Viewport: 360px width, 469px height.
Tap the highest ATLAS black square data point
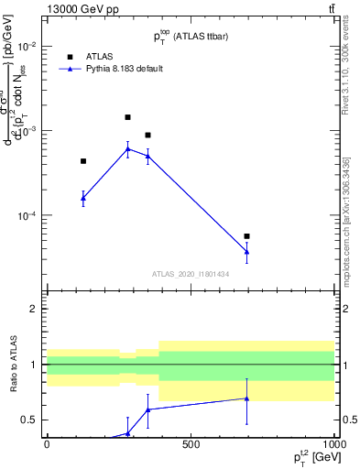point(127,117)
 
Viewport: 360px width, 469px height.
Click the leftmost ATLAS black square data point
point(83,161)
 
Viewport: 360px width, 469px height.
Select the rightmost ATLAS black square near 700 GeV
point(247,236)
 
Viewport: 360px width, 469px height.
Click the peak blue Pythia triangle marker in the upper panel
point(127,148)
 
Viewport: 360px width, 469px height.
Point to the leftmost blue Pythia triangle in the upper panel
point(83,198)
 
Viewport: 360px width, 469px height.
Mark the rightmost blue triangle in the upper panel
point(247,252)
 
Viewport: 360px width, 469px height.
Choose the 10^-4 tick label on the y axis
point(28,216)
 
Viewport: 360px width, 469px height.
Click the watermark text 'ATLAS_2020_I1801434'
point(190,274)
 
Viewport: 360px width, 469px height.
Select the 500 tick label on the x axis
point(191,444)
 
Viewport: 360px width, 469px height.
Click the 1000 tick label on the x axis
point(333,444)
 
